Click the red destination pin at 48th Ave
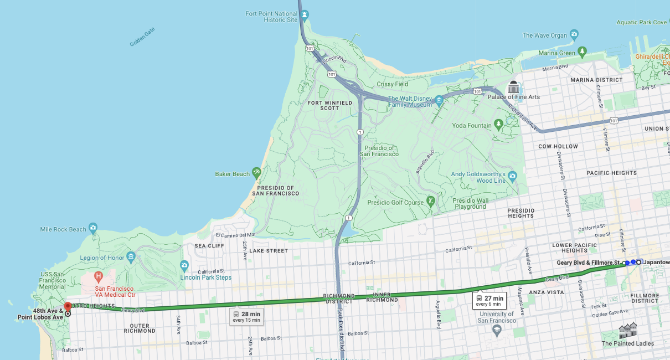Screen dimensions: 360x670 (x=68, y=305)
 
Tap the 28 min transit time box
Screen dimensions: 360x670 (x=246, y=317)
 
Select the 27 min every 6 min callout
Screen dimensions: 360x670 (x=489, y=301)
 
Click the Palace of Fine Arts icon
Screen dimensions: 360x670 (x=513, y=87)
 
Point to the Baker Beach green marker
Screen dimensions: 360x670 (x=256, y=172)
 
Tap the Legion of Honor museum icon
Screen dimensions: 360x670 (x=131, y=256)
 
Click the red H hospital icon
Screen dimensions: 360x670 (x=99, y=276)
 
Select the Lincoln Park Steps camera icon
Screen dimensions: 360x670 (x=184, y=266)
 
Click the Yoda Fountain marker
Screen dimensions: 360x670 (x=499, y=124)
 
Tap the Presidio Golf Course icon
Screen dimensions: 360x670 (x=431, y=200)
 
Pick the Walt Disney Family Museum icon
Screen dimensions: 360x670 (x=439, y=101)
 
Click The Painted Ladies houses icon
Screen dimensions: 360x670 (x=627, y=331)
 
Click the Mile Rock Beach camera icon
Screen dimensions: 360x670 (x=92, y=228)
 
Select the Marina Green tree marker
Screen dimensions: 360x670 (x=582, y=52)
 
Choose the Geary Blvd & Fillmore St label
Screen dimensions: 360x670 (x=588, y=263)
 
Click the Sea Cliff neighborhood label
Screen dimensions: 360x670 (x=209, y=245)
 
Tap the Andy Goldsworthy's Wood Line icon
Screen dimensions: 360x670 (x=512, y=176)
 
